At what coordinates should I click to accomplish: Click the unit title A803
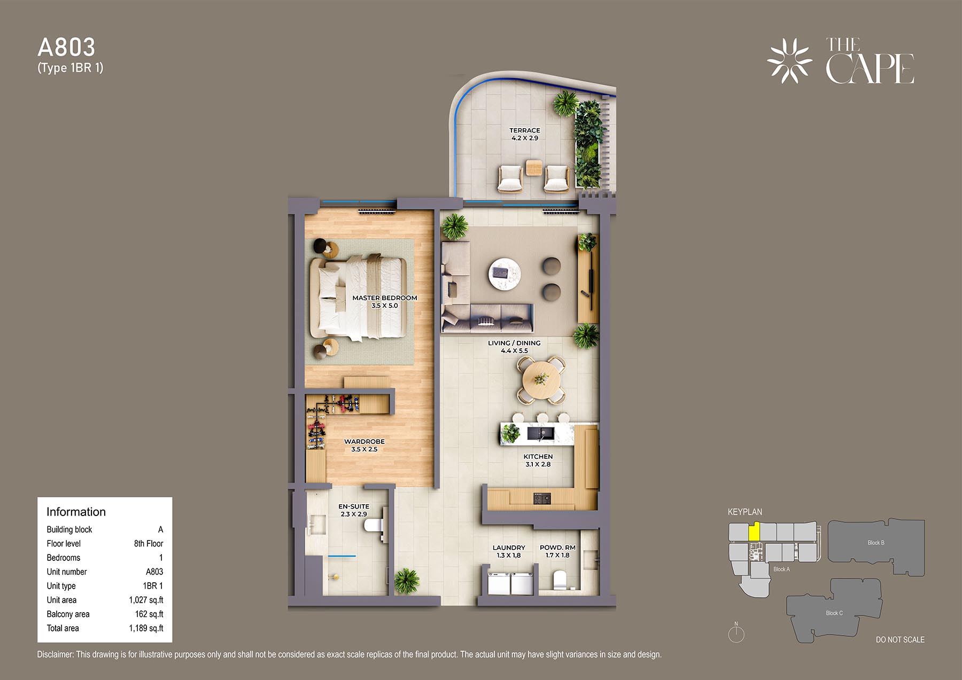(x=66, y=48)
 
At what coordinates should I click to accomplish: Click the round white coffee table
(x=505, y=273)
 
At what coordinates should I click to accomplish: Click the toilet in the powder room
(x=560, y=579)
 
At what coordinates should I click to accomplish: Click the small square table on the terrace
(x=534, y=168)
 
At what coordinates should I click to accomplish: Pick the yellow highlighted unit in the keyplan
(x=754, y=532)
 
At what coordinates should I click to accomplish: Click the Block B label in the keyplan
(x=876, y=543)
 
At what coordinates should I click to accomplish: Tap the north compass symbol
(x=736, y=633)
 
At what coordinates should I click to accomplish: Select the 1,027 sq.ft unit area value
(x=146, y=600)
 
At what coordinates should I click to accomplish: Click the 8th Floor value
(x=149, y=543)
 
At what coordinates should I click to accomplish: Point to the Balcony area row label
(x=68, y=614)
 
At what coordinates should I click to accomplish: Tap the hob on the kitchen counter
(x=542, y=498)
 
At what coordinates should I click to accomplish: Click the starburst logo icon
(x=789, y=61)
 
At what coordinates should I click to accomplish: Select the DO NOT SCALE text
(x=900, y=639)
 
